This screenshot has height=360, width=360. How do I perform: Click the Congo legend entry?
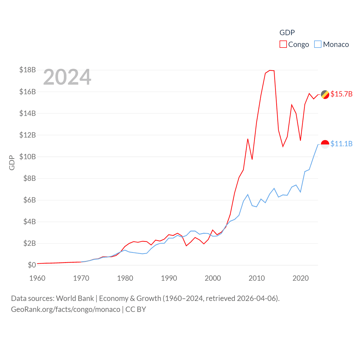coord(294,44)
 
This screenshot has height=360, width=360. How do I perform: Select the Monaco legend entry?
coord(332,44)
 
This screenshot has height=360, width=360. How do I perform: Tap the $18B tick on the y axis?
coord(28,70)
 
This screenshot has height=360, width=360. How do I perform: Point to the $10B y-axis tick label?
coord(28,157)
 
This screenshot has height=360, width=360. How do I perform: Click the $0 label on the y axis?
coord(32,265)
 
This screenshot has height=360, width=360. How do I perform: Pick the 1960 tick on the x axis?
coord(37,278)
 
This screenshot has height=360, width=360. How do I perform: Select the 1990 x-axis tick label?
coord(169,278)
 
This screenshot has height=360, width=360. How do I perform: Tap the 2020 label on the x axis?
coord(301,278)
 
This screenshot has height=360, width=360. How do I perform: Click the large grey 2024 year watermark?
coord(67,77)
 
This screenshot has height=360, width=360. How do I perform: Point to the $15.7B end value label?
coord(341,94)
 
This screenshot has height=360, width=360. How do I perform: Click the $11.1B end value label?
coord(341,144)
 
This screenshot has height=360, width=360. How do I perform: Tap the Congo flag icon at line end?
coord(325,94)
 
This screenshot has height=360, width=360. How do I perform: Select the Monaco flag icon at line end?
coord(325,144)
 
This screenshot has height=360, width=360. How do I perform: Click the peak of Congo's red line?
coord(270,70)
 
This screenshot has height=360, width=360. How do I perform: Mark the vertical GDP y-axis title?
coord(12,163)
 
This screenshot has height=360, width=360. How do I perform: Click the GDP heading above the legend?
coord(287,33)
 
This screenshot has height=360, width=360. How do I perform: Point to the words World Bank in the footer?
coord(75,298)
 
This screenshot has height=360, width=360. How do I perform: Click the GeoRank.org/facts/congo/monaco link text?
coord(66,309)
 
